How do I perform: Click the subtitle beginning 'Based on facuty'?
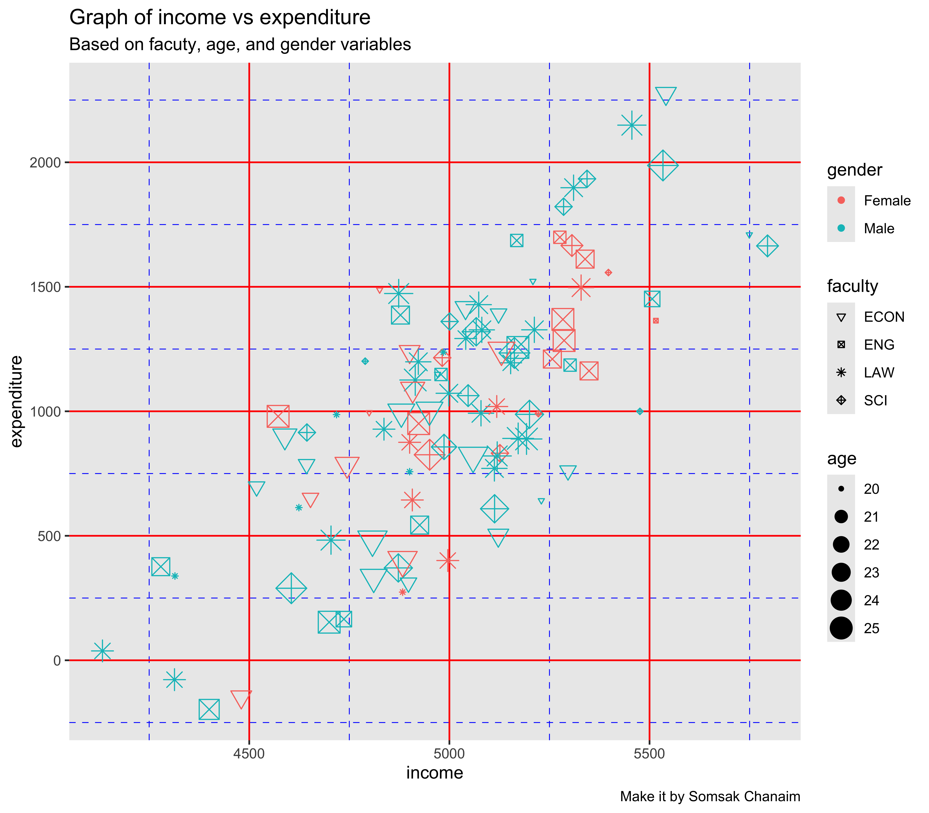click(240, 45)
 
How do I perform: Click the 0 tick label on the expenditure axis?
click(57, 660)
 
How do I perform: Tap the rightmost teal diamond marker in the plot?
click(767, 246)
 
